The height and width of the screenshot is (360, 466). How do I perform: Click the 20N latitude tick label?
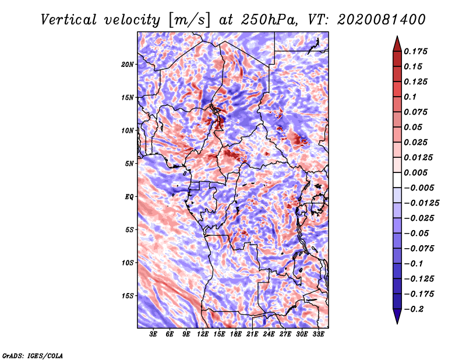[128, 64]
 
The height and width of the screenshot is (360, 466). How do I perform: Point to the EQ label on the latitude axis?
[129, 197]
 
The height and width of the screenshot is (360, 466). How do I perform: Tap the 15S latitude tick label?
[128, 296]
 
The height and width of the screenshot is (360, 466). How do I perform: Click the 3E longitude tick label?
[154, 334]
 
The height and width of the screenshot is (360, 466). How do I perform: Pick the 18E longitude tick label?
[236, 334]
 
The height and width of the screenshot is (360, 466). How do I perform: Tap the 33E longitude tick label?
[318, 334]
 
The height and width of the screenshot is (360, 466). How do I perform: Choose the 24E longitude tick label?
[269, 334]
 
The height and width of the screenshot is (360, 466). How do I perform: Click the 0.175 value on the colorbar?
[416, 51]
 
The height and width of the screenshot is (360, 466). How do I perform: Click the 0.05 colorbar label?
[414, 127]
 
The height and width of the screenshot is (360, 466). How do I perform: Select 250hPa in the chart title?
[266, 20]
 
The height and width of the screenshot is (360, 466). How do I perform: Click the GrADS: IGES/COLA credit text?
[32, 355]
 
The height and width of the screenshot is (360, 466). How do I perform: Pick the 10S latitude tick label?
[128, 263]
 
